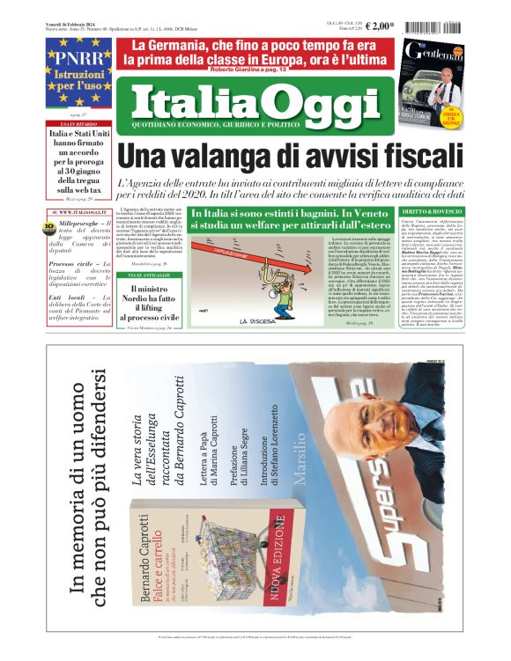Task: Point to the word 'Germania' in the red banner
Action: [196, 45]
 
